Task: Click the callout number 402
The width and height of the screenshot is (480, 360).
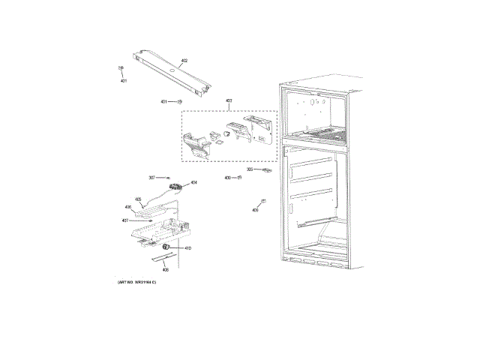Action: pos(184,60)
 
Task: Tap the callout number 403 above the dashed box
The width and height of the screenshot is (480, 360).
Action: pos(229,100)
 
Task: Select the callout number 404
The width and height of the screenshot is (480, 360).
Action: pos(193,182)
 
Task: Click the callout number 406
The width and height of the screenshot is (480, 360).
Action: pos(127,207)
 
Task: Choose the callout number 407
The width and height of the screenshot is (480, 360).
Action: pos(124,220)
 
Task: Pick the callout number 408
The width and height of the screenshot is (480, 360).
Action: pos(165,269)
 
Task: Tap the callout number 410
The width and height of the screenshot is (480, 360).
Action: pos(187,248)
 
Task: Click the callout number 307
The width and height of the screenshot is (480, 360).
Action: pos(151,178)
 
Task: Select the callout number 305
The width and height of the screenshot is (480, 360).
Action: pos(250,169)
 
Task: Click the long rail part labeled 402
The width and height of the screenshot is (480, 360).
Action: pos(169,72)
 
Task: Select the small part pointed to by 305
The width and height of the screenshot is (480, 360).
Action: pos(265,170)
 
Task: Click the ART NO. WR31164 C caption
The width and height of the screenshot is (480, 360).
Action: pos(142,281)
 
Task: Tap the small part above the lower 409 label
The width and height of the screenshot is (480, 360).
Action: pos(262,200)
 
